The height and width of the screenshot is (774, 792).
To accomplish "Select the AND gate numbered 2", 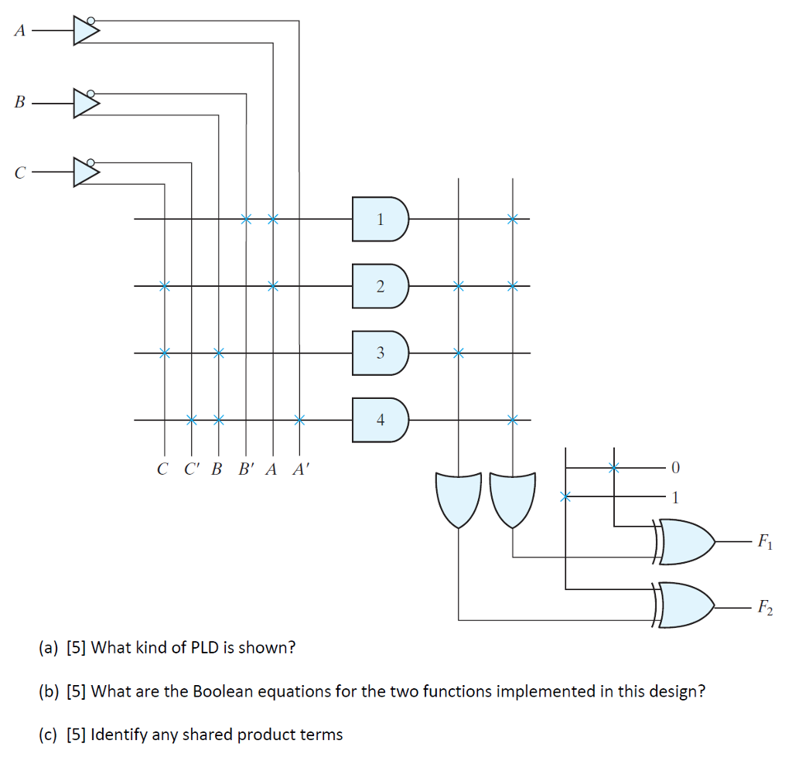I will (x=380, y=286).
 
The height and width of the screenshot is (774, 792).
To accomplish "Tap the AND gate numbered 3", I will (x=380, y=353).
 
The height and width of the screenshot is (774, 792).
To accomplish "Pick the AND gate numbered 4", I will (x=380, y=420).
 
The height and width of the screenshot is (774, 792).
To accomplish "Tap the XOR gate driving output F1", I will (x=685, y=541).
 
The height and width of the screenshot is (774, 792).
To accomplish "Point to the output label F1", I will (x=763, y=542).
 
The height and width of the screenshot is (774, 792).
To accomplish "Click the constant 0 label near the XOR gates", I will (x=676, y=468).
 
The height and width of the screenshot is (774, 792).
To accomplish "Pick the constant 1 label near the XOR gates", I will (x=676, y=496).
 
